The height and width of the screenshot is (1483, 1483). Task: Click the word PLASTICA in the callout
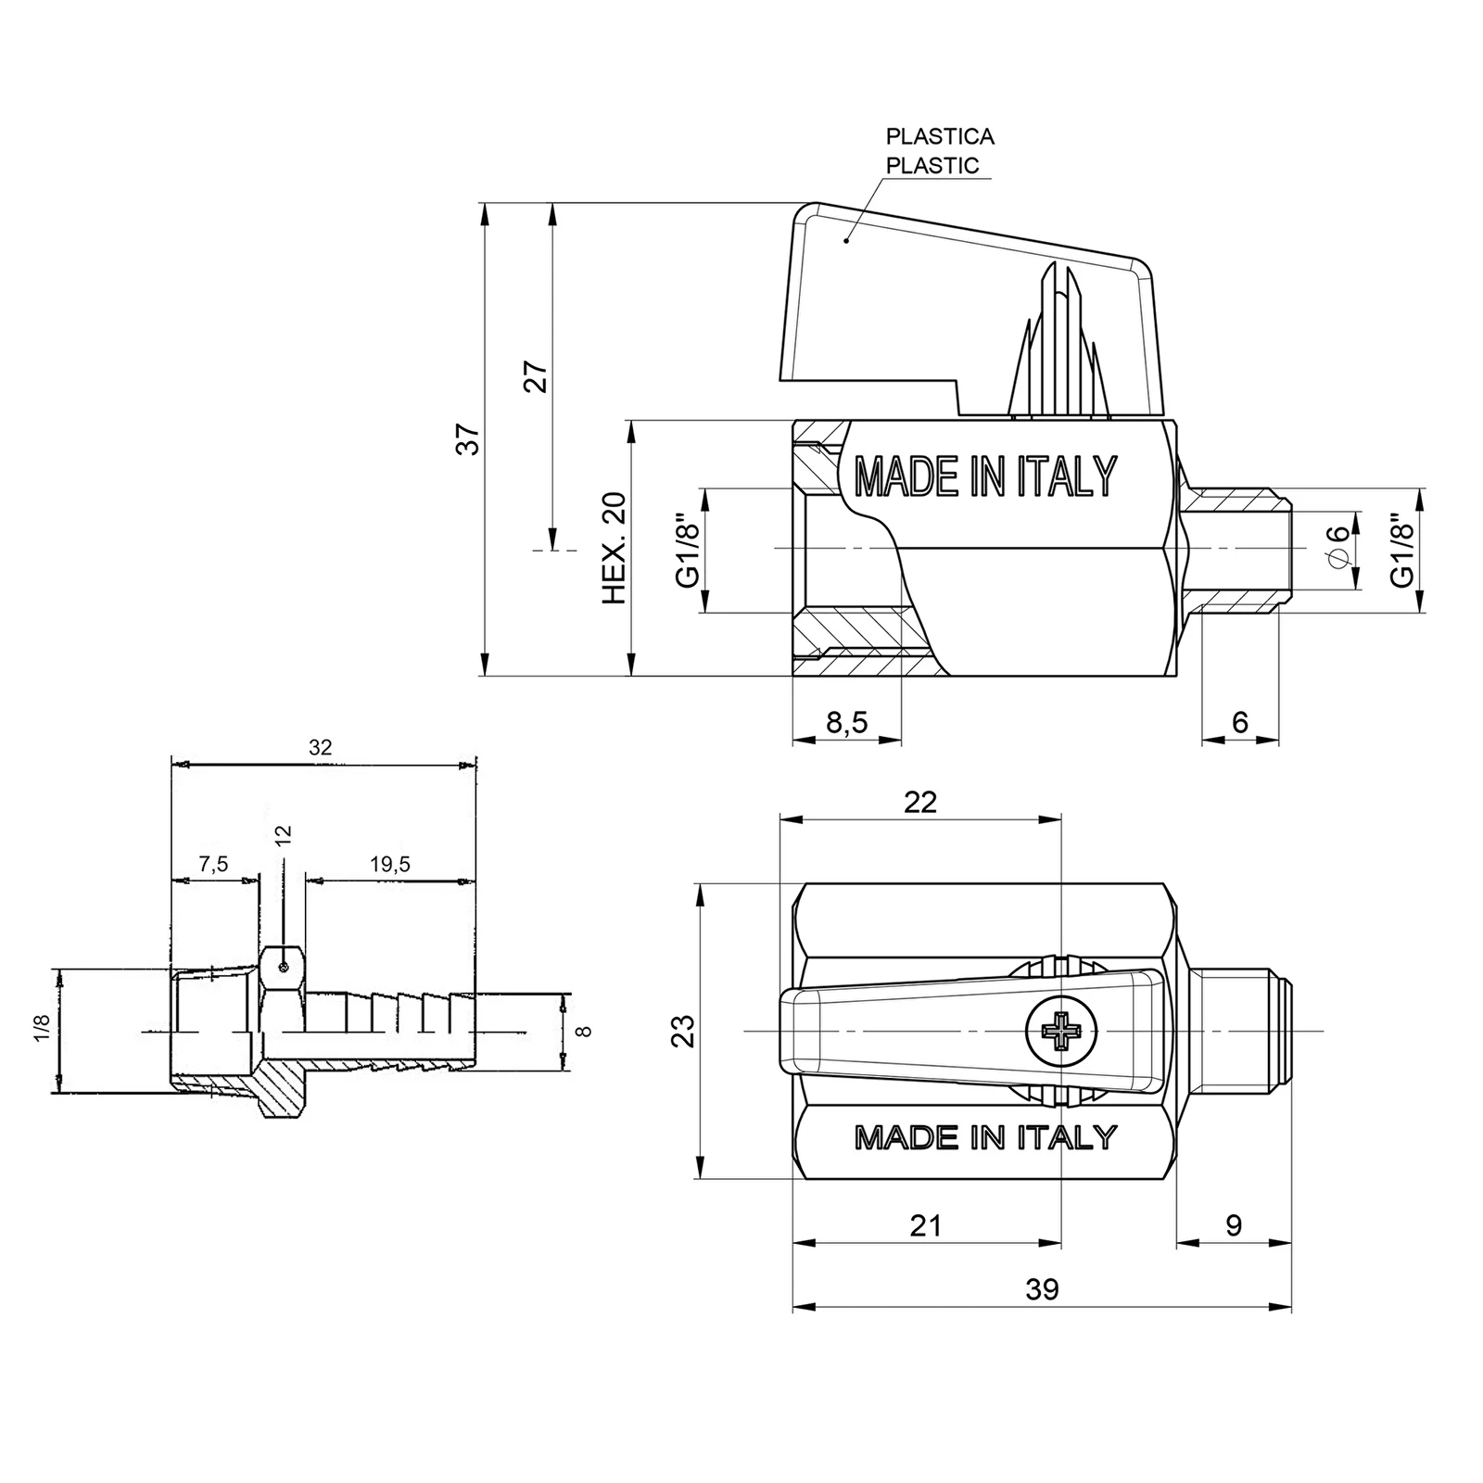[940, 136]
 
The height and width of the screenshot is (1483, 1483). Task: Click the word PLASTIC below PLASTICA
[932, 166]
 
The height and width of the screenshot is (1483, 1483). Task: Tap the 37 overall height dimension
[471, 438]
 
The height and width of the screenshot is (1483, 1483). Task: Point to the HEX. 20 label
[615, 549]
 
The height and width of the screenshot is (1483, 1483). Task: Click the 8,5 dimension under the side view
[846, 722]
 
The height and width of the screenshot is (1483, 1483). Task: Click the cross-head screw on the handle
[1060, 1029]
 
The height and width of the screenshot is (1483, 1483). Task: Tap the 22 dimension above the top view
[920, 802]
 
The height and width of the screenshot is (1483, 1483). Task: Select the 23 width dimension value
[683, 1031]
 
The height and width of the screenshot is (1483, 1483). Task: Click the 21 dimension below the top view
[926, 1225]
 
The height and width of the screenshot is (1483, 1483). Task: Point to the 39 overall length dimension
[1043, 1289]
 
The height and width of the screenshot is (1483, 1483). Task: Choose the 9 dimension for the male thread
[1234, 1225]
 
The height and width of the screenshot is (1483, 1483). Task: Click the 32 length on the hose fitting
[320, 747]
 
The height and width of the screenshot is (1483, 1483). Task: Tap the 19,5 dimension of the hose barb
[389, 865]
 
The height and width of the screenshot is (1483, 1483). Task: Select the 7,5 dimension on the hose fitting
[213, 865]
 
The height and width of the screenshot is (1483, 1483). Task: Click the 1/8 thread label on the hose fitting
[41, 1028]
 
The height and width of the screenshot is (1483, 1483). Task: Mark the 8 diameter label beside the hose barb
[583, 1031]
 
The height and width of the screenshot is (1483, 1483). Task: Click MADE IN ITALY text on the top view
[985, 1137]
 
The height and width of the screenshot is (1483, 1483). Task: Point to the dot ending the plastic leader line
[846, 240]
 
